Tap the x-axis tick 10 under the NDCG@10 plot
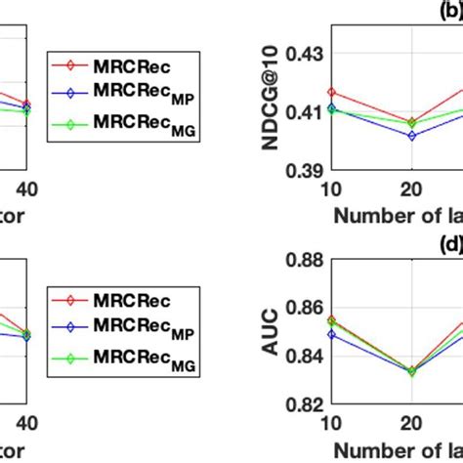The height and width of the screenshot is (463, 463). (331, 188)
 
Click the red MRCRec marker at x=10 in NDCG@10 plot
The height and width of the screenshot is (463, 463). (331, 92)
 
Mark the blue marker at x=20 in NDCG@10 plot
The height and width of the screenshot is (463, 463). (411, 136)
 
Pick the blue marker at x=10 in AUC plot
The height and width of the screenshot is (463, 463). (331, 334)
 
